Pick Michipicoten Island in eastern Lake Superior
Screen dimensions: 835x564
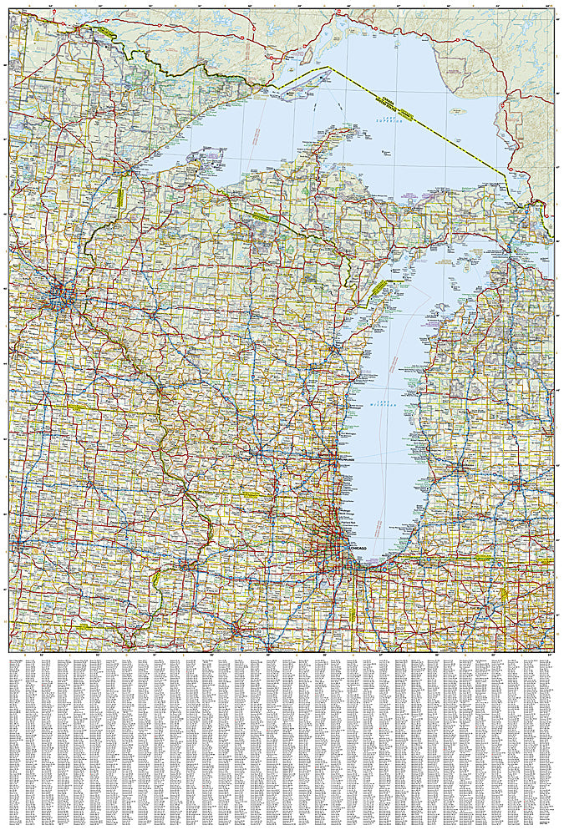[x=458, y=109]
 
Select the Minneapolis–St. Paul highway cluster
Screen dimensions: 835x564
[x=59, y=293]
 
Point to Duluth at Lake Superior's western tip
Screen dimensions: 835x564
[x=127, y=172]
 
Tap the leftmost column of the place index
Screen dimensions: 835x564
[x=18, y=743]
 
